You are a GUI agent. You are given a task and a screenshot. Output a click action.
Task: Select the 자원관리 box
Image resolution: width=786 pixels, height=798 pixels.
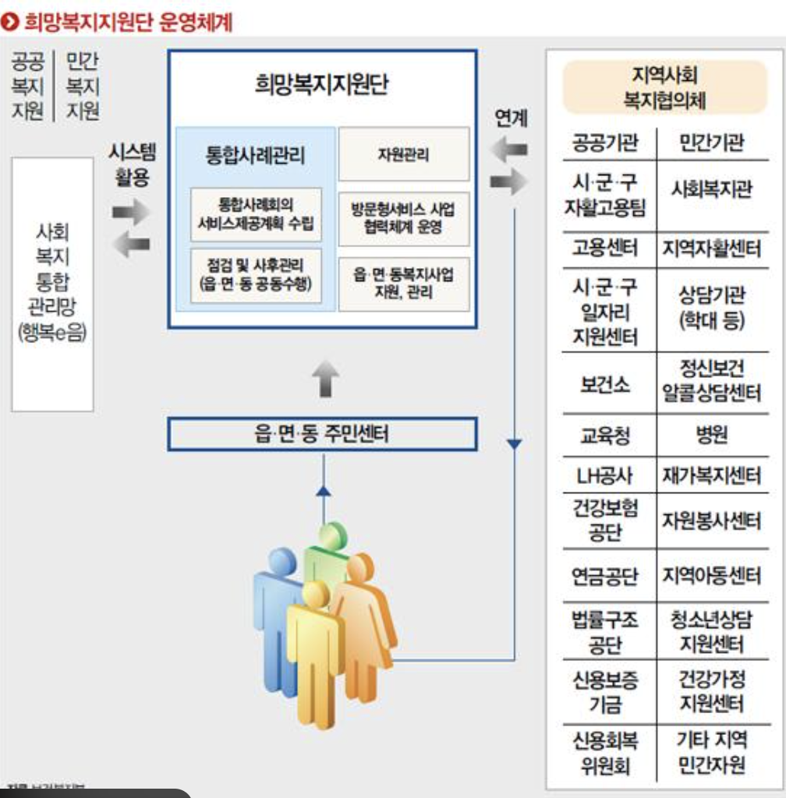[403, 154]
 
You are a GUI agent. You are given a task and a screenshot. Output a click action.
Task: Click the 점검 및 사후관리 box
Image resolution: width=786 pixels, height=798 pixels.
[256, 275]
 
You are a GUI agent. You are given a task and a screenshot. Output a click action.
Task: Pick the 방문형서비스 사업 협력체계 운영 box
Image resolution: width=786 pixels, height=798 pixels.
[403, 218]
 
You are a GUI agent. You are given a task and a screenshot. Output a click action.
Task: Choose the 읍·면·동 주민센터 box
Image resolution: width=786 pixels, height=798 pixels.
[322, 434]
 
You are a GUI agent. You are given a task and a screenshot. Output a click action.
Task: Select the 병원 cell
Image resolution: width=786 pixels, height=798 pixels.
[711, 434]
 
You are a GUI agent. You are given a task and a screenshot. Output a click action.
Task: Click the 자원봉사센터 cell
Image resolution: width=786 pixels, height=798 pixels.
[711, 520]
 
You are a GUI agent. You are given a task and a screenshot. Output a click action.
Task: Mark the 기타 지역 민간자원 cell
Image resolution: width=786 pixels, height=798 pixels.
[711, 752]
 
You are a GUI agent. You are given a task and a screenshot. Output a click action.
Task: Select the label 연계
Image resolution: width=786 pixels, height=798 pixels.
[511, 118]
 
